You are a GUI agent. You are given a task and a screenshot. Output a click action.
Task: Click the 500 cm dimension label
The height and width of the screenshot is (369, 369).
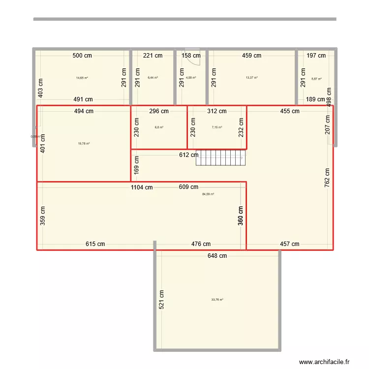82,56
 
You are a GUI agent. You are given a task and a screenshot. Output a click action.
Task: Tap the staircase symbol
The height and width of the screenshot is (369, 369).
220,158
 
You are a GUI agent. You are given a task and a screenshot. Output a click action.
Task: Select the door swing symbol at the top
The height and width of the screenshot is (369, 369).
193,58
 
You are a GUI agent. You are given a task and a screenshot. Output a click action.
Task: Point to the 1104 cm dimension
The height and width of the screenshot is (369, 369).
142,187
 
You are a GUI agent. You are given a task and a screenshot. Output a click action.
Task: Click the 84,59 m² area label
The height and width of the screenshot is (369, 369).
208,194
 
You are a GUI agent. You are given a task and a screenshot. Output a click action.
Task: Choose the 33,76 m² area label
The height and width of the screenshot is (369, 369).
217,300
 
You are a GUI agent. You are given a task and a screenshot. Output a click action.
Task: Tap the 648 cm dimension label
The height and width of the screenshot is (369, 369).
217,256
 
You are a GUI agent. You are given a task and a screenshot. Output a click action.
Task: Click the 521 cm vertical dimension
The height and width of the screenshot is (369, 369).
162,299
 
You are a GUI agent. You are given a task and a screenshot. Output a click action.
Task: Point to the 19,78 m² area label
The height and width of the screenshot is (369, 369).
84,144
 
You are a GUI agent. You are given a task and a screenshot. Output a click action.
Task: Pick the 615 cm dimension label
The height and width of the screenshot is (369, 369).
95,244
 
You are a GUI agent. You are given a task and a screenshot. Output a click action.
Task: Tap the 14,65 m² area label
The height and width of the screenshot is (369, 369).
82,78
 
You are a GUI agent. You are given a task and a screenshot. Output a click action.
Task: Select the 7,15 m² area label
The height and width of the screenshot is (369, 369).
217,127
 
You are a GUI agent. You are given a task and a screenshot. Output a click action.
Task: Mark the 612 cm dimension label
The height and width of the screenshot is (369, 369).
188,155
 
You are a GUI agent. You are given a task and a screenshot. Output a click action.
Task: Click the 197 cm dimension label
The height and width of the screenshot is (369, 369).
316,56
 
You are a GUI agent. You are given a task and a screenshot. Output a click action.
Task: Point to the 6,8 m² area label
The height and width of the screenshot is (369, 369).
159,127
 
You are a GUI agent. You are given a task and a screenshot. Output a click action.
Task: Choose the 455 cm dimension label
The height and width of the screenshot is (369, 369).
290,111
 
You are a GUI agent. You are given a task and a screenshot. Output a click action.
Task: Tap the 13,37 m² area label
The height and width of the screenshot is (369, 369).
251,78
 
